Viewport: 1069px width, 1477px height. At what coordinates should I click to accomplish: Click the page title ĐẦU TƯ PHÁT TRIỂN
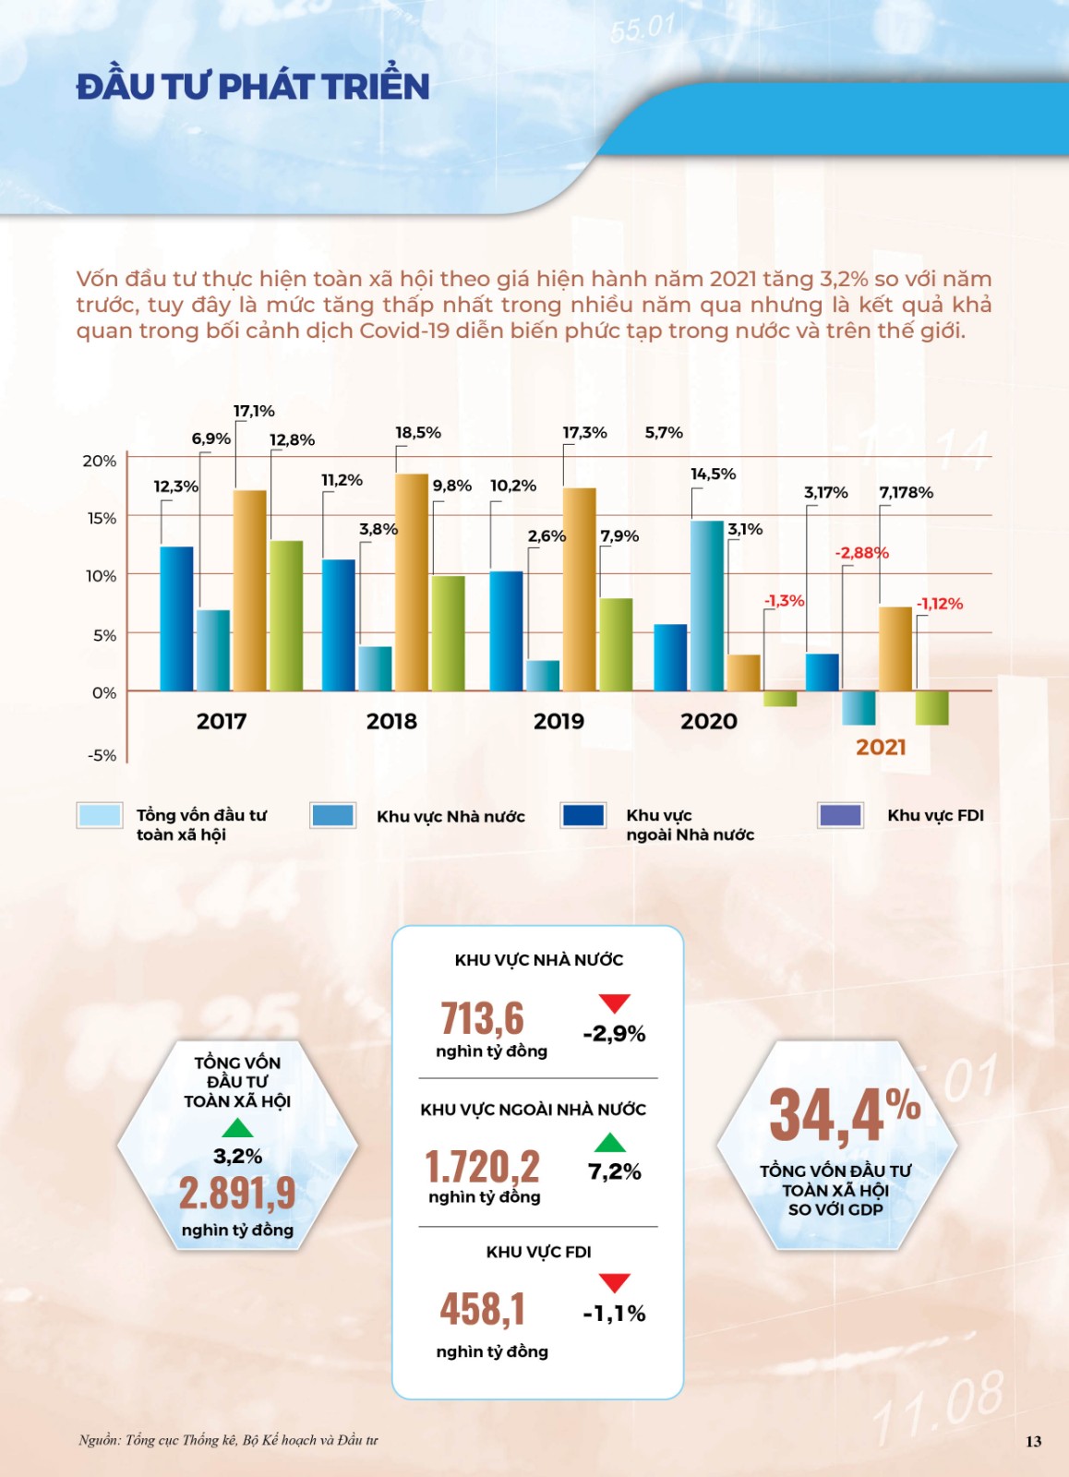[253, 87]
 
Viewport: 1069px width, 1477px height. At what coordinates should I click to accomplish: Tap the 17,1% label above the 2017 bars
[254, 411]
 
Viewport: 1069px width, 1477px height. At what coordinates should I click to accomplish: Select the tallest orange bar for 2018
[412, 582]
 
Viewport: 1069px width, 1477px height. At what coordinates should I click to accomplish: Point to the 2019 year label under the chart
[559, 721]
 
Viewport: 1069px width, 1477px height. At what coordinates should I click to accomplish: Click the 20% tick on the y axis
[101, 461]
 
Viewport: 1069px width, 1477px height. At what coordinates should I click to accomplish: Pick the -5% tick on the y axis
[102, 755]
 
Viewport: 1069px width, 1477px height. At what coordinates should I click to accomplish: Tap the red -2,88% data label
[861, 553]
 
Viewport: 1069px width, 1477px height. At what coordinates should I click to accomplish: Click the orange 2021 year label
[881, 747]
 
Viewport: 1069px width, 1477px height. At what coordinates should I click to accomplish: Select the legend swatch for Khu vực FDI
[840, 815]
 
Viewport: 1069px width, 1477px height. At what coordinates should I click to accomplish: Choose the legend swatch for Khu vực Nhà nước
[332, 815]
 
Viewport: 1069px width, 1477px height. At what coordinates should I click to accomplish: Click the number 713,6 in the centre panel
[482, 1018]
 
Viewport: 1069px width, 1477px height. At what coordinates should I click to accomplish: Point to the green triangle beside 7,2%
[610, 1143]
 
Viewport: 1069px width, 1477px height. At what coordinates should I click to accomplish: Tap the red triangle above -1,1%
[614, 1281]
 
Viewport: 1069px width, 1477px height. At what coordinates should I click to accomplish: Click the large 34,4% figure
[844, 1114]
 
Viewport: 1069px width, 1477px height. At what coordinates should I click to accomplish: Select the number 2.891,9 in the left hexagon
[237, 1193]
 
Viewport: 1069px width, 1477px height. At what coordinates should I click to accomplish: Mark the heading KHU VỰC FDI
[538, 1252]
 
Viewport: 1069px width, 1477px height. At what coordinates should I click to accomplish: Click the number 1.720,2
[482, 1167]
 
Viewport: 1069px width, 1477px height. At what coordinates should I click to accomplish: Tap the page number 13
[1033, 1441]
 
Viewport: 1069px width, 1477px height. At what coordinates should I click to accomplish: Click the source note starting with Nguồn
[228, 1440]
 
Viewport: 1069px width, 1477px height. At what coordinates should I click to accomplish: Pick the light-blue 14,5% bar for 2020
[707, 606]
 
